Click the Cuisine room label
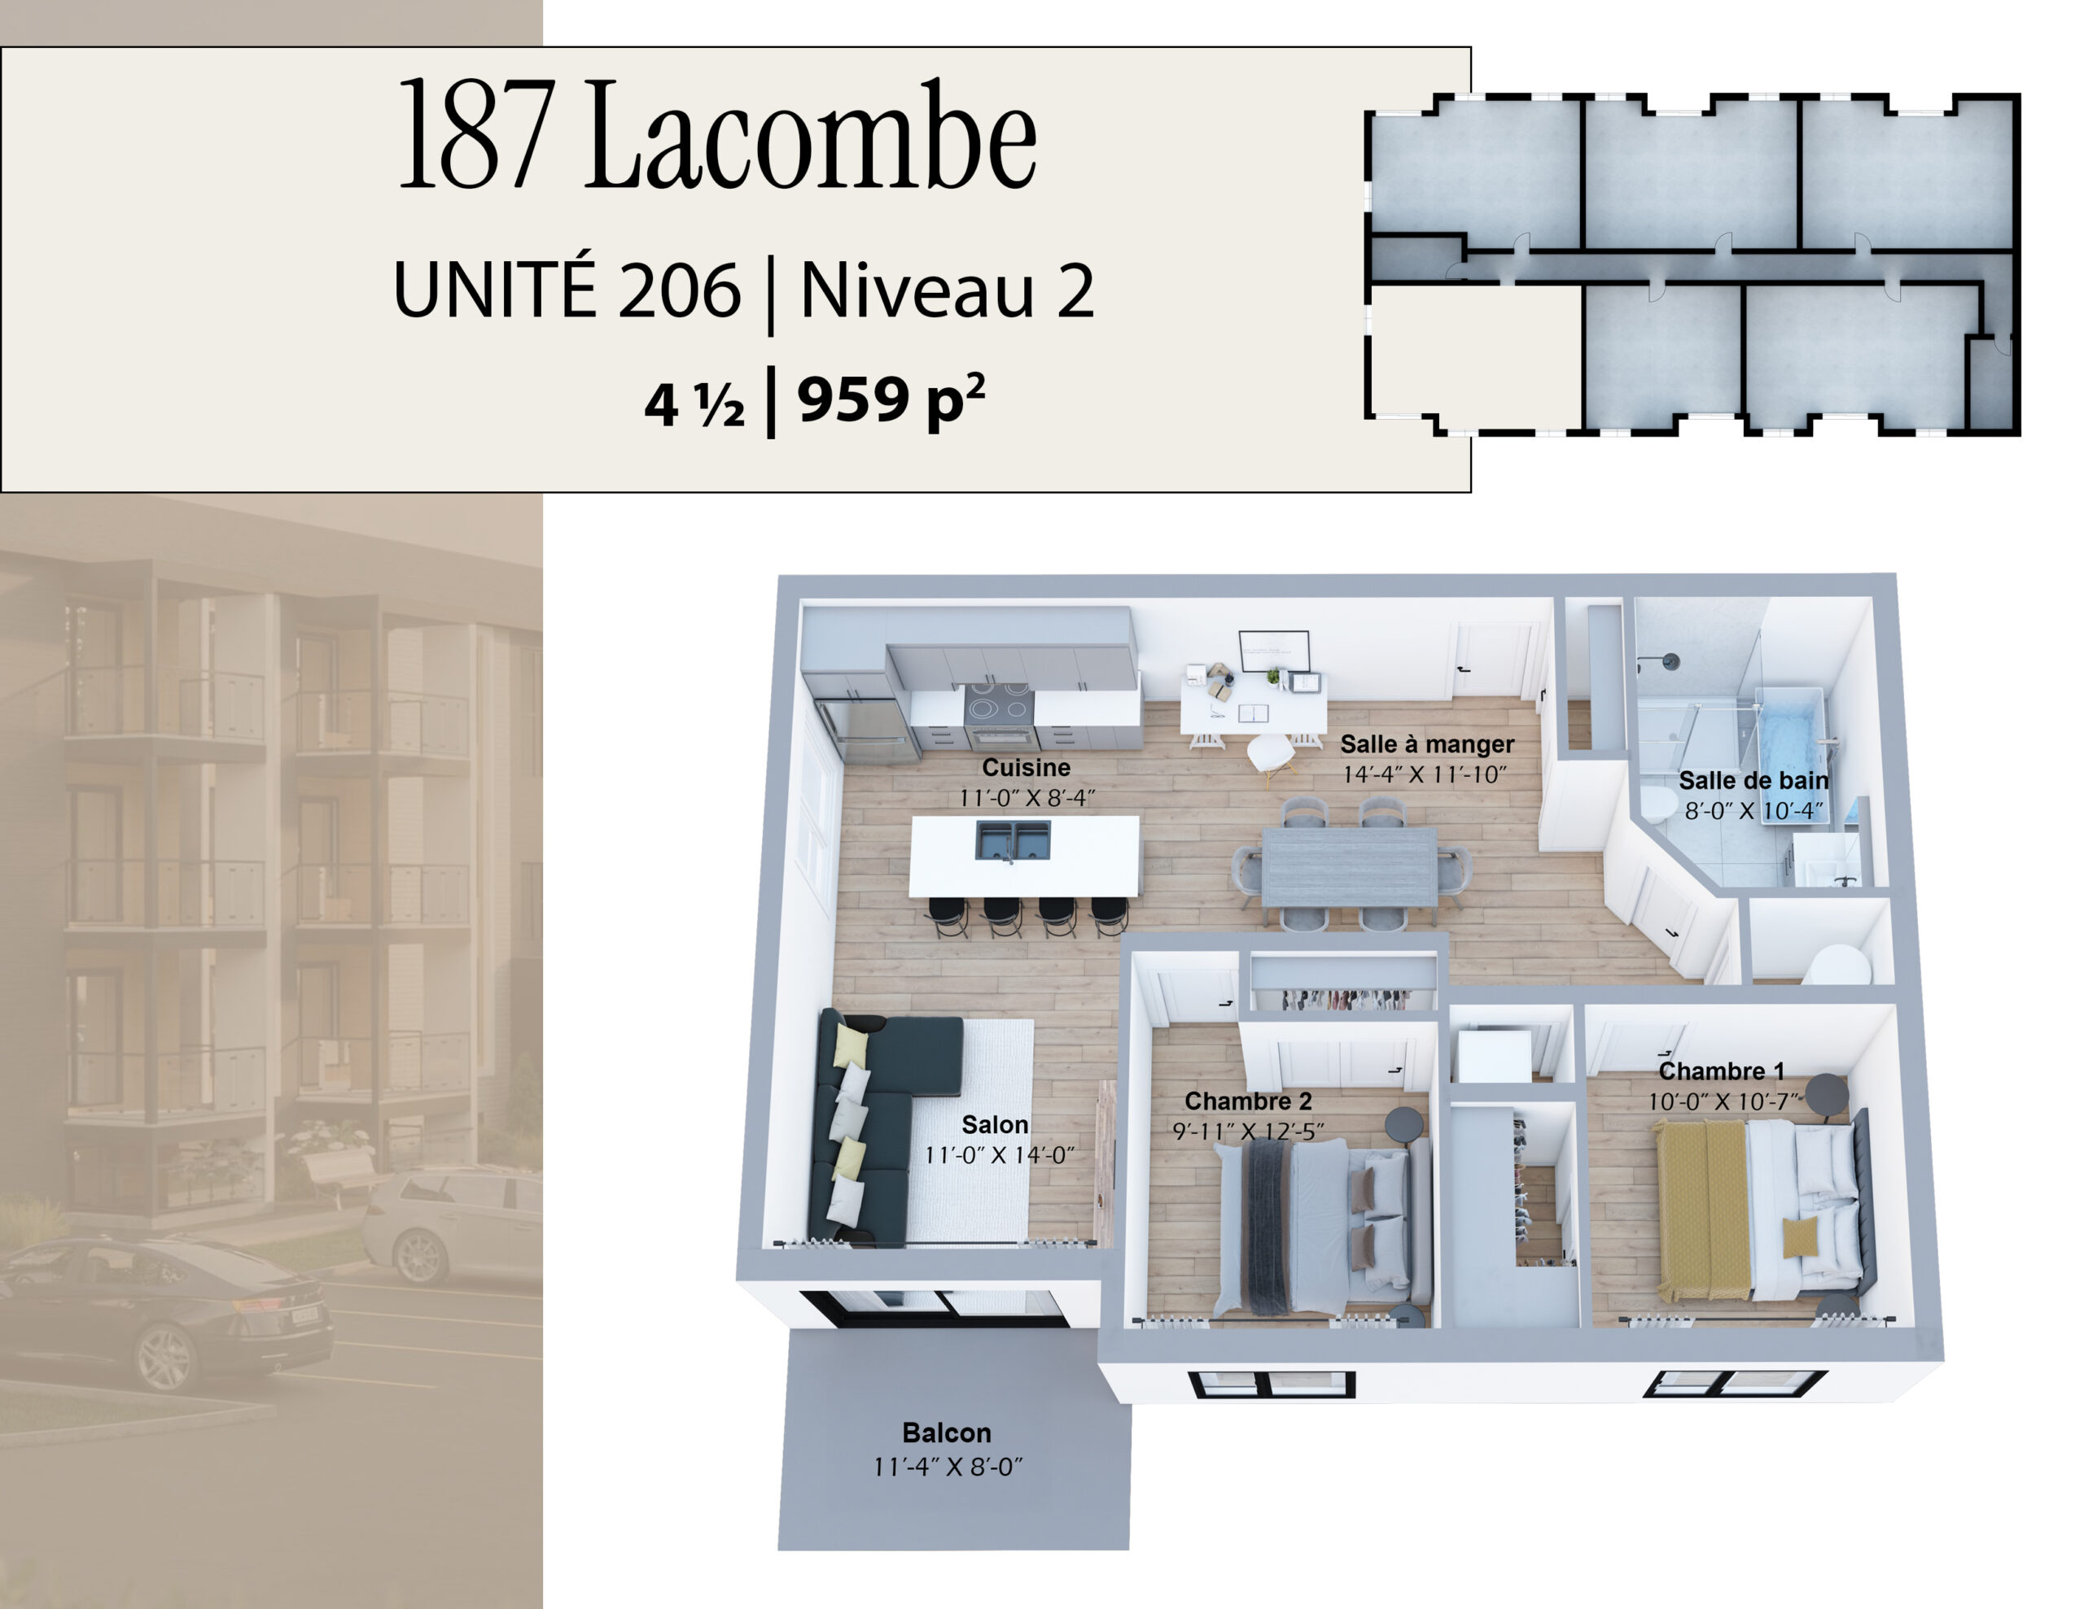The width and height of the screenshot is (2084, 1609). [1026, 767]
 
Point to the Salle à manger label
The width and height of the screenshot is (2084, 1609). [1426, 744]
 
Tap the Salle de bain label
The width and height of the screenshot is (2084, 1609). [1753, 780]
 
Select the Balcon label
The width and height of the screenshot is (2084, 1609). [947, 1432]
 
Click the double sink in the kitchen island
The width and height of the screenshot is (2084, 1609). [1013, 840]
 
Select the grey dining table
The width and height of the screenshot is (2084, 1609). [1349, 867]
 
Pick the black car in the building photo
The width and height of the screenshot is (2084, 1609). [167, 1306]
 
